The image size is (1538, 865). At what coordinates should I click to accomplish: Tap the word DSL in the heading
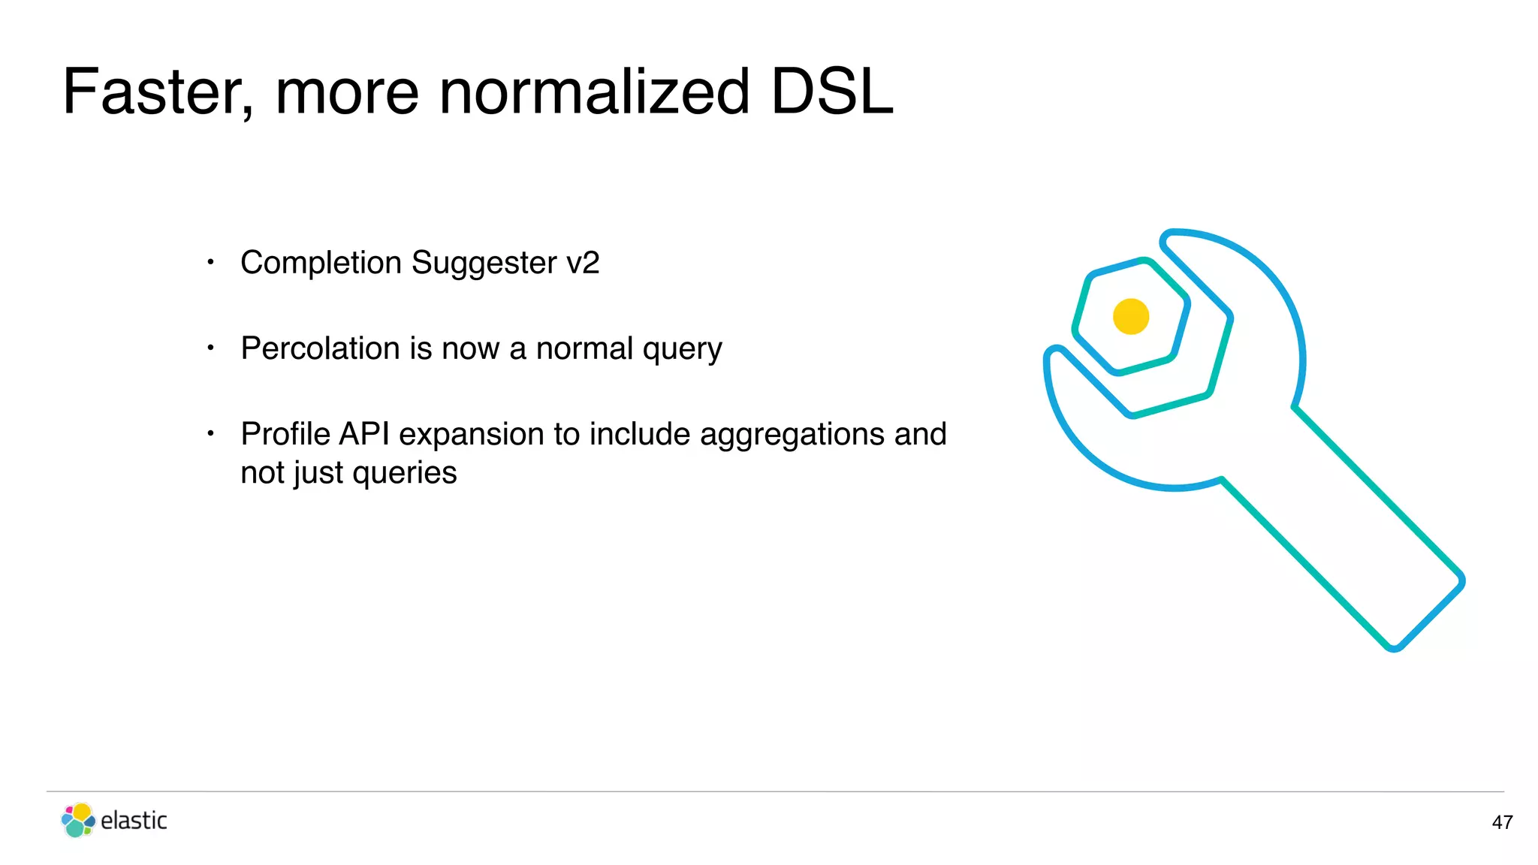click(832, 92)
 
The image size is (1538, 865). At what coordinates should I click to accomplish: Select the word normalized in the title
click(594, 92)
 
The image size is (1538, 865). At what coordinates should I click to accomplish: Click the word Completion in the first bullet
click(321, 263)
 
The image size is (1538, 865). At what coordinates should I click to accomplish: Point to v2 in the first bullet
click(583, 263)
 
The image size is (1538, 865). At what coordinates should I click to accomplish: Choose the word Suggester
click(484, 263)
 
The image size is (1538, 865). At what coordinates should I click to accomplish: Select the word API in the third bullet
click(364, 434)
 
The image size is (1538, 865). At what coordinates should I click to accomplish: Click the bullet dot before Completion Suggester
click(211, 262)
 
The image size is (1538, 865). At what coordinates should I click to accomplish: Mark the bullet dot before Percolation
click(211, 348)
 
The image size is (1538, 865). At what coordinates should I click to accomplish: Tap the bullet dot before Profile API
click(211, 433)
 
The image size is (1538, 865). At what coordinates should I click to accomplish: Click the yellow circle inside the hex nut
click(1131, 316)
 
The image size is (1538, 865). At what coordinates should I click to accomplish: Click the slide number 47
click(1502, 822)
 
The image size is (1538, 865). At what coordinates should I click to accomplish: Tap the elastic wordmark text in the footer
click(134, 820)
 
